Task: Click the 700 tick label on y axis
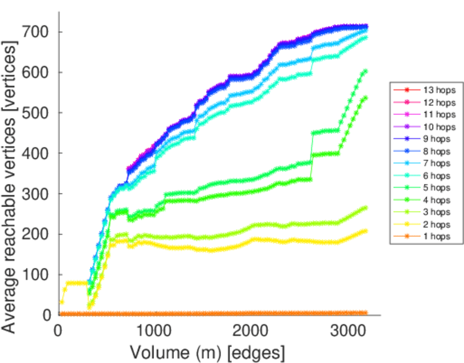[36, 31]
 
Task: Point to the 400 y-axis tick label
[36, 153]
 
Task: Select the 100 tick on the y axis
[36, 275]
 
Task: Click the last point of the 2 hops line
[365, 231]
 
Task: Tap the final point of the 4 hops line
[365, 97]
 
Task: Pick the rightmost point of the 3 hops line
[365, 208]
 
